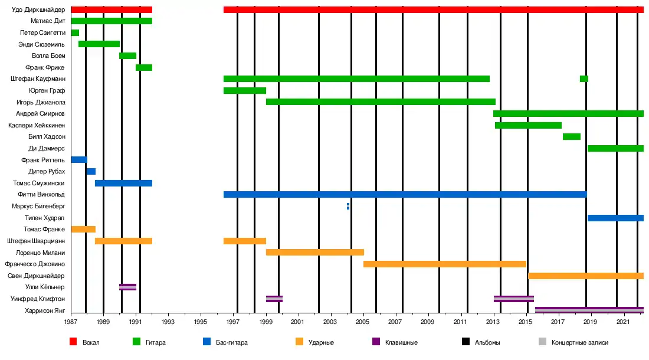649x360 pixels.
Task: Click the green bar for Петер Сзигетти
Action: click(x=75, y=32)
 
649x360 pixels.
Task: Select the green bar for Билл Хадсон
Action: click(x=571, y=136)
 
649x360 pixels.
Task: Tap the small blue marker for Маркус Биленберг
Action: click(x=348, y=206)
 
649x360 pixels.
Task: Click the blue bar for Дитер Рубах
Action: click(x=91, y=171)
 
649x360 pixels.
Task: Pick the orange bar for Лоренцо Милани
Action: click(x=314, y=252)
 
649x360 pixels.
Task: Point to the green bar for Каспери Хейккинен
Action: click(x=528, y=125)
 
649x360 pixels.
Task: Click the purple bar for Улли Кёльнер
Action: click(x=127, y=287)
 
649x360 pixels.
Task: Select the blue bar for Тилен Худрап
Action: click(x=615, y=218)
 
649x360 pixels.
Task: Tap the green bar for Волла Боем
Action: click(x=127, y=55)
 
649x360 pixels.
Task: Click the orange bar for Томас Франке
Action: click(x=83, y=229)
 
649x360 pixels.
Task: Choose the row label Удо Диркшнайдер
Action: click(x=38, y=9)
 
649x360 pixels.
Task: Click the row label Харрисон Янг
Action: click(x=45, y=310)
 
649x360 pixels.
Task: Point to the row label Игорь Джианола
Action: click(x=41, y=102)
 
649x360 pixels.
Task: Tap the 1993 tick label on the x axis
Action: click(x=168, y=322)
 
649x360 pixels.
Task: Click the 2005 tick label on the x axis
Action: click(x=362, y=322)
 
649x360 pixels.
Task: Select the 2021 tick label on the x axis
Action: click(x=621, y=322)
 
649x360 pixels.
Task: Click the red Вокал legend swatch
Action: click(x=73, y=342)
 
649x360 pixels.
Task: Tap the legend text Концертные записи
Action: click(x=579, y=342)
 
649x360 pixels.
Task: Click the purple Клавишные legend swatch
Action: click(x=376, y=342)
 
